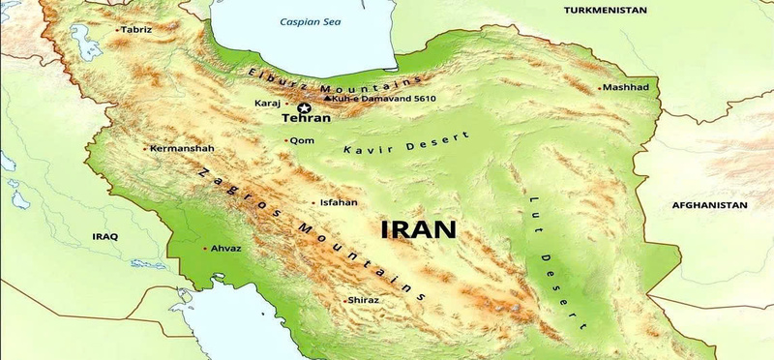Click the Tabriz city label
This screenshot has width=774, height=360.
pyautogui.click(x=136, y=30)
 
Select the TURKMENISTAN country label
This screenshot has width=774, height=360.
pyautogui.click(x=606, y=9)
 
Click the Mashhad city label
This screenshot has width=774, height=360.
pyautogui.click(x=626, y=88)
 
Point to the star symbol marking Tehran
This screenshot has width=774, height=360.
pyautogui.click(x=304, y=106)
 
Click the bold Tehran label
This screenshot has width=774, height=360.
pyautogui.click(x=306, y=119)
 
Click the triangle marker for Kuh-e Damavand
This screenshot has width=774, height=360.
pyautogui.click(x=329, y=98)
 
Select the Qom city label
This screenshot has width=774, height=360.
pyautogui.click(x=301, y=140)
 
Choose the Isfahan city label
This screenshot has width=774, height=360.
pyautogui.click(x=339, y=202)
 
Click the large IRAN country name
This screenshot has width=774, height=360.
pyautogui.click(x=418, y=229)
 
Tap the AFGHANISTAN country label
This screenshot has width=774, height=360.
pyautogui.click(x=710, y=205)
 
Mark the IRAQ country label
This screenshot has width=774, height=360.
pyautogui.click(x=104, y=236)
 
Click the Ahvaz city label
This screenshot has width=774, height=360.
pyautogui.click(x=226, y=249)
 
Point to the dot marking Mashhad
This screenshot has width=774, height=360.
pyautogui.click(x=598, y=88)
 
